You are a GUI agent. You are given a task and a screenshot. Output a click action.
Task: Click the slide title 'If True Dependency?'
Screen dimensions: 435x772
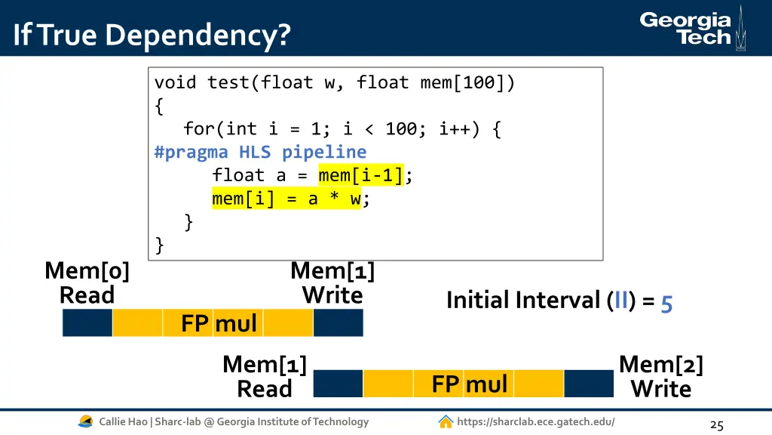[152, 35]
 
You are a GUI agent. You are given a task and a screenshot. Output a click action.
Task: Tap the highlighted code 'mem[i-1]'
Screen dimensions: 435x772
[360, 175]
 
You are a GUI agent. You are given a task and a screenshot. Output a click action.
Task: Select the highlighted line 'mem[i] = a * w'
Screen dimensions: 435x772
[286, 199]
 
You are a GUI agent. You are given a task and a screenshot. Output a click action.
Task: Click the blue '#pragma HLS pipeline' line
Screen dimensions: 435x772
[260, 152]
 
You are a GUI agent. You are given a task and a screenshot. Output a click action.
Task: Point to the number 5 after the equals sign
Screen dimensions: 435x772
[666, 303]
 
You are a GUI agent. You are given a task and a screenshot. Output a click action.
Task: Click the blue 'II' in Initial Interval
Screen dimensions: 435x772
[622, 300]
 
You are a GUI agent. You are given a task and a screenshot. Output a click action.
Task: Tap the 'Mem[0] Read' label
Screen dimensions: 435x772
[87, 282]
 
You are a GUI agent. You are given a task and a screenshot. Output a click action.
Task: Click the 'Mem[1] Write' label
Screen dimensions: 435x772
[332, 282]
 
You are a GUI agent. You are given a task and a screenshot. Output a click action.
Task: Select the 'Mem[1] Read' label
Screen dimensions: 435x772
[265, 377]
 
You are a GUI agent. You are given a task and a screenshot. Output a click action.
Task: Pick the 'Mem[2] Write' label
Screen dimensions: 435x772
[660, 377]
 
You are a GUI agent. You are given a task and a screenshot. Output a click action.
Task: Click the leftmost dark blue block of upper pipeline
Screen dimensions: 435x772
[87, 323]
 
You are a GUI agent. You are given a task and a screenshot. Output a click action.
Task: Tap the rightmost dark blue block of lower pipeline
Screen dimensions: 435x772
[589, 384]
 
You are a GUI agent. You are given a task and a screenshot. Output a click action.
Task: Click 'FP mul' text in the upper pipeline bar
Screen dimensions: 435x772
[219, 323]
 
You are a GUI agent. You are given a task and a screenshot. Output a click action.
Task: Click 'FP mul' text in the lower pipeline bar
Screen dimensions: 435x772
[469, 384]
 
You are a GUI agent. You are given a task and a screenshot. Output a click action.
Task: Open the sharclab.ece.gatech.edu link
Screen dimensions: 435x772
[535, 421]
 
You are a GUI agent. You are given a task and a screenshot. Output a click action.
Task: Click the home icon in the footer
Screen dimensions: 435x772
[446, 421]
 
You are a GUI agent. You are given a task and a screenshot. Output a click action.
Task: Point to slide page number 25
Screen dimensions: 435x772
[716, 425]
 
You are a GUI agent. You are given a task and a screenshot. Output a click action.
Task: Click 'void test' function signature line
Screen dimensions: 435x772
[335, 82]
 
